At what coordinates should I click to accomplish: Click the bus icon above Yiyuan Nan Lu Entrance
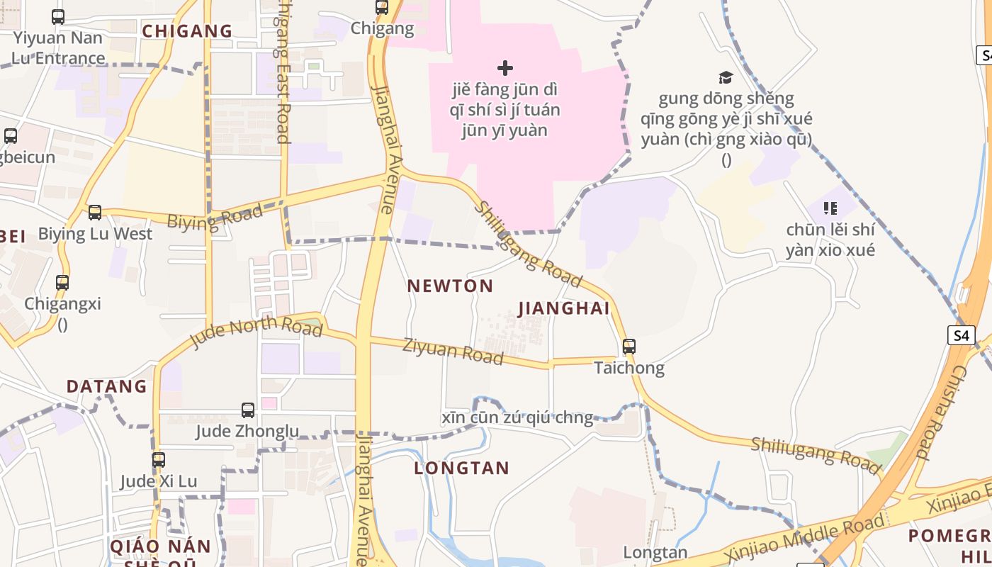point(58,17)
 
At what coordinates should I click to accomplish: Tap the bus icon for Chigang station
point(382,8)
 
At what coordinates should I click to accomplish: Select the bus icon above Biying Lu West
point(95,212)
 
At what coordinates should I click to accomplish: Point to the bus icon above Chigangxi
point(62,283)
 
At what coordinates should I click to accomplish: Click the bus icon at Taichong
point(629,347)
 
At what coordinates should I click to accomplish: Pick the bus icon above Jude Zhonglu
point(248,410)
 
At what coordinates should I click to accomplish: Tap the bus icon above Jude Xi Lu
point(159,460)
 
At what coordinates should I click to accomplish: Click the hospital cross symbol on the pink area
point(505,68)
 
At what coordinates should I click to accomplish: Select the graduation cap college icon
point(726,77)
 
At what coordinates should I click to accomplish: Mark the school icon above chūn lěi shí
point(830,208)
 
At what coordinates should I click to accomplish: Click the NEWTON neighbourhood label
point(450,286)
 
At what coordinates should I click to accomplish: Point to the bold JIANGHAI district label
point(564,309)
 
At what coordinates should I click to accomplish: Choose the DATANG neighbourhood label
point(106,387)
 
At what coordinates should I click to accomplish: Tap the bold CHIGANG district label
point(187,31)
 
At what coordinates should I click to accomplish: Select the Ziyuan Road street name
point(453,352)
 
